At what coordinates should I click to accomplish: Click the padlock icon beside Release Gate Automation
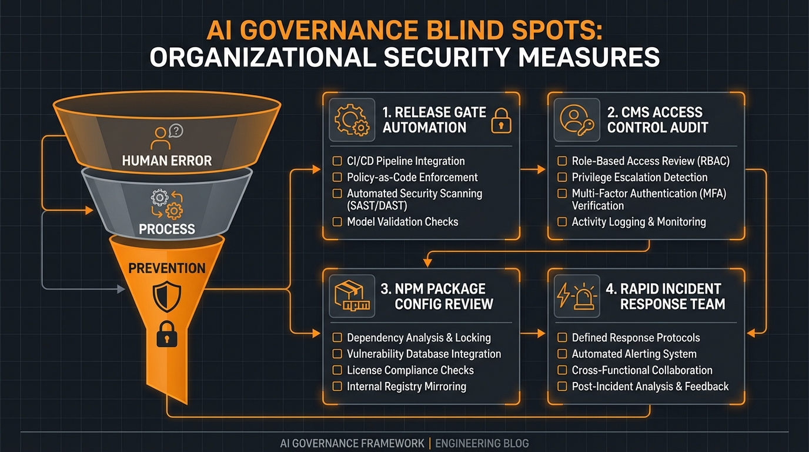501,120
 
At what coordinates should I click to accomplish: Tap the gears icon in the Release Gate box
352,120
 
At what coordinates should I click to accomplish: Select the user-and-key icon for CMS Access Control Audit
576,120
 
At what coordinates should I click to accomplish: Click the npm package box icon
352,296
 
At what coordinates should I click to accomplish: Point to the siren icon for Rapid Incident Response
576,296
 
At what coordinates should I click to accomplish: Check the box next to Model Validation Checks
337,222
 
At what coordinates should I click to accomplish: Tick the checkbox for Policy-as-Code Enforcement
337,177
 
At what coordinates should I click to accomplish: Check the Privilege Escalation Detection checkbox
561,177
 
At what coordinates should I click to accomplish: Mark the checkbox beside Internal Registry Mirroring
337,387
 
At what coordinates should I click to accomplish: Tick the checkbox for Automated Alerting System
561,354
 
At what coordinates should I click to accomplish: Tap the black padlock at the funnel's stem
166,335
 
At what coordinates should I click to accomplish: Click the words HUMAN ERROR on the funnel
167,160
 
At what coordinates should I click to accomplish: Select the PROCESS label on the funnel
167,229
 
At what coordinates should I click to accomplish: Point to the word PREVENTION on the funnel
167,268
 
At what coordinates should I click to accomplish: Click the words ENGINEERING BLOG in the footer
482,443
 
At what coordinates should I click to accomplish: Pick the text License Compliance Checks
410,370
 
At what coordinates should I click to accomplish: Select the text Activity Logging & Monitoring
638,222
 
